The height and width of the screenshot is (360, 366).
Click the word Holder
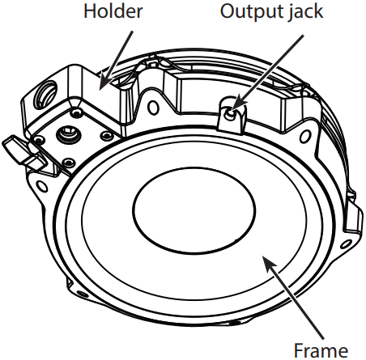coord(113,11)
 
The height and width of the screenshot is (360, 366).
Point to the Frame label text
coord(321,350)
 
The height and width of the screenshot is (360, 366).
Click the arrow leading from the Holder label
coord(116,60)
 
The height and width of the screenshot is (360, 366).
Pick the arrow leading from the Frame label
coord(293,297)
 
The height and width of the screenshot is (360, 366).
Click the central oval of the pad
coord(194,210)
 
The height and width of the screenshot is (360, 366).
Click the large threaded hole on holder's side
coord(45,95)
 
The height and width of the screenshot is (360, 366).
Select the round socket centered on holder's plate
coord(69,134)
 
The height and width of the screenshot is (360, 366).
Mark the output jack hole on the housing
coord(230,114)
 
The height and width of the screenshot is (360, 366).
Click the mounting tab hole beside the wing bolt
coord(42,186)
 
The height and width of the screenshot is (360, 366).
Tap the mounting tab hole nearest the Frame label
coord(346,244)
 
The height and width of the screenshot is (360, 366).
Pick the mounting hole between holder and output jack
coord(153,107)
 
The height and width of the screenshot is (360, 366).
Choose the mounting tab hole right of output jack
coord(305,137)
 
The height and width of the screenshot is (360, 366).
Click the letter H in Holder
coord(90,11)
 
